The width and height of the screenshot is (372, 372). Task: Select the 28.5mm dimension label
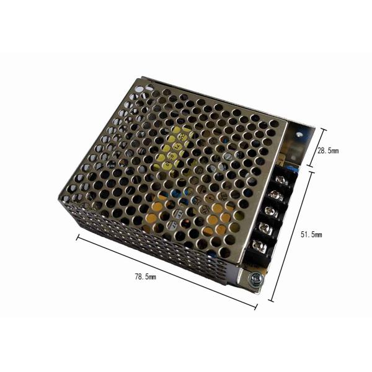(x=328, y=150)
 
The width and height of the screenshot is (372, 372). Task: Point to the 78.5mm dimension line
(x=167, y=271)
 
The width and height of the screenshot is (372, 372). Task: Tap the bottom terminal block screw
(x=261, y=248)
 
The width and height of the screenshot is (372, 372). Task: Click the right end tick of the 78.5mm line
(x=257, y=306)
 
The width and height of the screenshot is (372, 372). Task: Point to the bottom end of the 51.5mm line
(x=271, y=301)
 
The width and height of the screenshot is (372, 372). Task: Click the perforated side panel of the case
(x=143, y=248)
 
